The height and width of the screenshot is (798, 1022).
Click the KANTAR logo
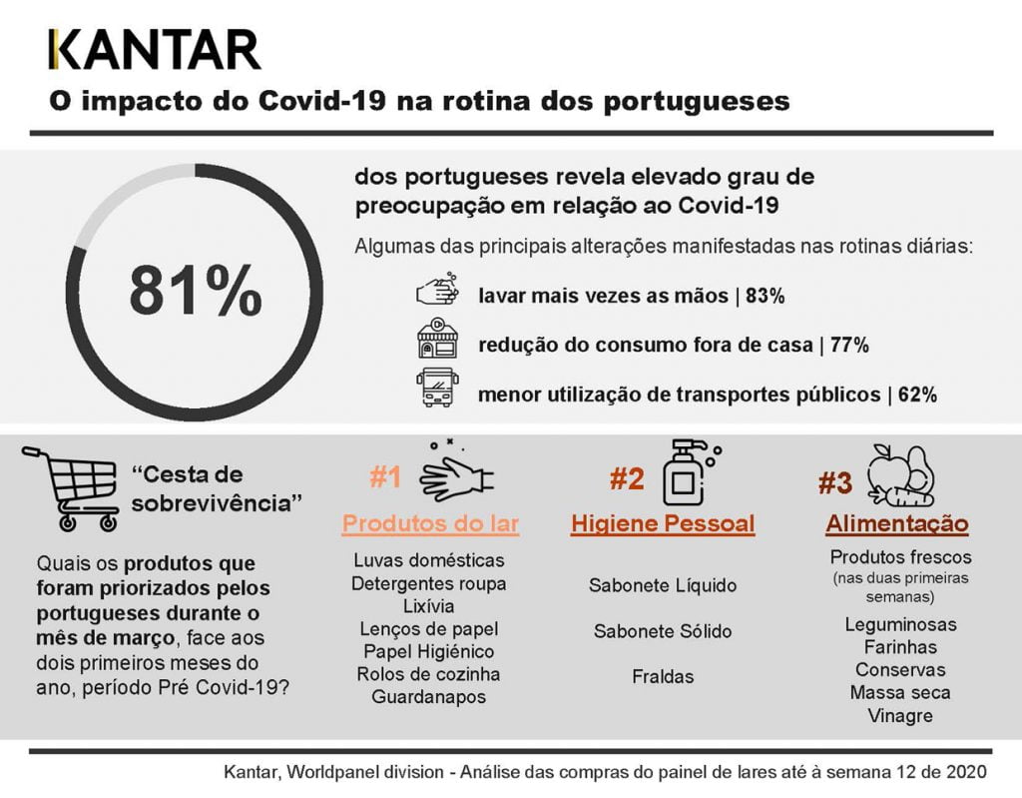(x=155, y=50)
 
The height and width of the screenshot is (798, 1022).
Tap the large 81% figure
(x=196, y=291)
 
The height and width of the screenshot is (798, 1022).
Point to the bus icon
(x=437, y=388)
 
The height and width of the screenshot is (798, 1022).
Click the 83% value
(x=766, y=297)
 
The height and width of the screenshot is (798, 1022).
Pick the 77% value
(x=848, y=346)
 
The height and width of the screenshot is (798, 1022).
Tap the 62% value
(x=916, y=395)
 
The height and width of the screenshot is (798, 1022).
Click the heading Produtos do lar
(x=431, y=524)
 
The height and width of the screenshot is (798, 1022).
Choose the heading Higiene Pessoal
(x=663, y=524)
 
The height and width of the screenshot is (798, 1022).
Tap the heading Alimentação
(x=896, y=524)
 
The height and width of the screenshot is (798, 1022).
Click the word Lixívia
(x=428, y=606)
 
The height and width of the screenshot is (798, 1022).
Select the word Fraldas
(x=663, y=676)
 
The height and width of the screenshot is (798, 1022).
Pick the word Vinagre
(x=900, y=716)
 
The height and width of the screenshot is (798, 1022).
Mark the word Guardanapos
(x=428, y=697)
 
